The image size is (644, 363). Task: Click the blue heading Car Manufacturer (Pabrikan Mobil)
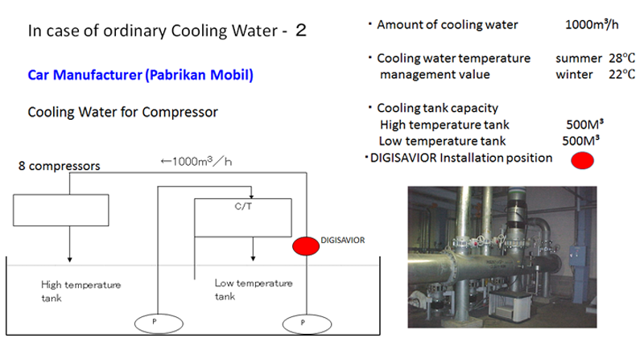(x=140, y=75)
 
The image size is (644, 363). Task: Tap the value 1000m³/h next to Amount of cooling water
(x=592, y=25)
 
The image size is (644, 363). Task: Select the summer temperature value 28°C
(x=621, y=58)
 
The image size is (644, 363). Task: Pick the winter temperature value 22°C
(x=621, y=74)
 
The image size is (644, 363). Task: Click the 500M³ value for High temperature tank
(x=585, y=124)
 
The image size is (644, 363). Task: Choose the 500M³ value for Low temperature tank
(x=580, y=141)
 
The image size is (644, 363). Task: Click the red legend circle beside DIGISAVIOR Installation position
(x=582, y=160)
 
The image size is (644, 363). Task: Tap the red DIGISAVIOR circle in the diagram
(x=306, y=246)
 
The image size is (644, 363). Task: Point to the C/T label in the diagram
(x=243, y=206)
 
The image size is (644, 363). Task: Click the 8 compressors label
(x=59, y=166)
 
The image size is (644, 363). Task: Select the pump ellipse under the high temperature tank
(x=159, y=324)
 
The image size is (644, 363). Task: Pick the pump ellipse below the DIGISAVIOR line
(x=307, y=324)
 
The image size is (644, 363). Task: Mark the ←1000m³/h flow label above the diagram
(x=196, y=162)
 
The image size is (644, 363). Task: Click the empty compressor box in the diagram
(x=61, y=210)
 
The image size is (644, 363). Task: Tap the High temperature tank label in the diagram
(x=81, y=291)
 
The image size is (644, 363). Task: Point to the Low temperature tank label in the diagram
(x=254, y=290)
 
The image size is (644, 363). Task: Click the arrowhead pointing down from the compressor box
(x=70, y=259)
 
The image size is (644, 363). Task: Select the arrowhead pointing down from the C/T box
(x=253, y=258)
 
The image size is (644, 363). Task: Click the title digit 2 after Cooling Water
(x=301, y=31)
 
